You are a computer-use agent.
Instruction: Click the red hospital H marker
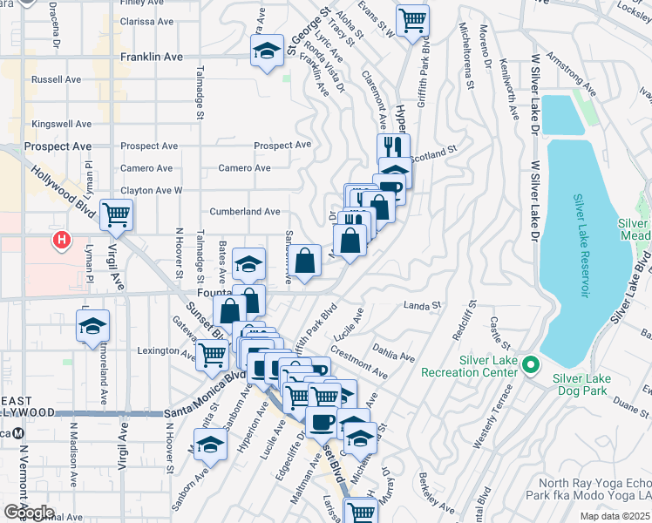click(61, 239)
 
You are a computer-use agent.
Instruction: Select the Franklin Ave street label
click(151, 57)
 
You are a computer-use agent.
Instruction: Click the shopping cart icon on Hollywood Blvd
click(116, 214)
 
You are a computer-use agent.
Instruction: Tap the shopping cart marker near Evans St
click(412, 19)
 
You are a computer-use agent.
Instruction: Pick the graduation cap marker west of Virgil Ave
click(92, 327)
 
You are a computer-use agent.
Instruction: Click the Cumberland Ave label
click(245, 211)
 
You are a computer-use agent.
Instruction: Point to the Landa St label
click(424, 305)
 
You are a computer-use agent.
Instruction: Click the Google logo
click(29, 512)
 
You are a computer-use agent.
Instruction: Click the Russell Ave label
click(56, 78)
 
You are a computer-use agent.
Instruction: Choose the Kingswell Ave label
click(61, 125)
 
